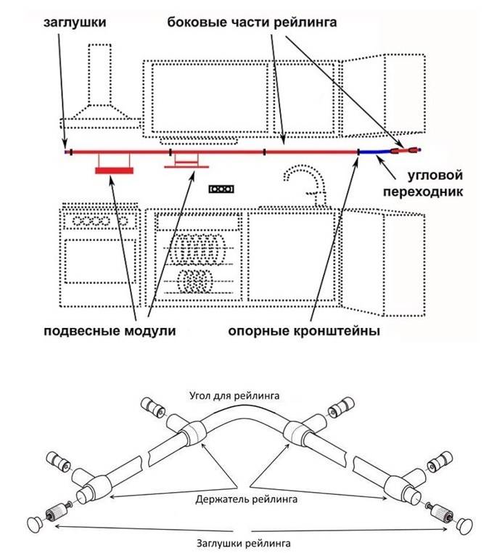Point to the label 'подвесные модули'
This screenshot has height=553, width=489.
tap(110, 331)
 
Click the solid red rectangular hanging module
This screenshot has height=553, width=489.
tap(114, 171)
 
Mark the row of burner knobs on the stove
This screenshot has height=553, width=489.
tap(90, 221)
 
